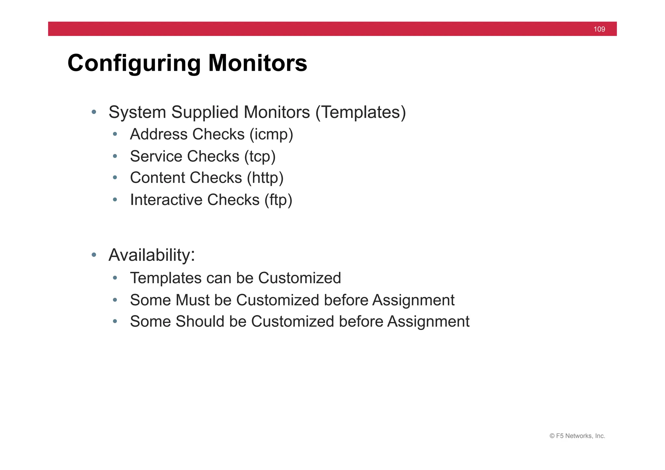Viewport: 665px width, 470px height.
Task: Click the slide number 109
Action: [599, 29]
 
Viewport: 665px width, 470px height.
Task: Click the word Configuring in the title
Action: [134, 63]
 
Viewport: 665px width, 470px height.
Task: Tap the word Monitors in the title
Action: [257, 63]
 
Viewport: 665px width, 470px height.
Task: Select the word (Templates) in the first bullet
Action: [360, 112]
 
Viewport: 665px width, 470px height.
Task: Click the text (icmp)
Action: [271, 134]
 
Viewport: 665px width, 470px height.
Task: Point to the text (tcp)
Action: [260, 156]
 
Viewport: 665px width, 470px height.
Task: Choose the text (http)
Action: [265, 178]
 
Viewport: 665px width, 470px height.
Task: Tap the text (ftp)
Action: [278, 200]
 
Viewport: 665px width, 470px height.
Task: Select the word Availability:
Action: [152, 255]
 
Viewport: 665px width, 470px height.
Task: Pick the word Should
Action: [200, 322]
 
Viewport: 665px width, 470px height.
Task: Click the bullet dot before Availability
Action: [94, 255]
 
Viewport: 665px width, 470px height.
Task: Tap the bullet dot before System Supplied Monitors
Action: [94, 112]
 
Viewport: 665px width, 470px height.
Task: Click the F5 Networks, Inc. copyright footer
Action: [577, 436]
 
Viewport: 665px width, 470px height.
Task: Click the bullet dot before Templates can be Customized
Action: [115, 278]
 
